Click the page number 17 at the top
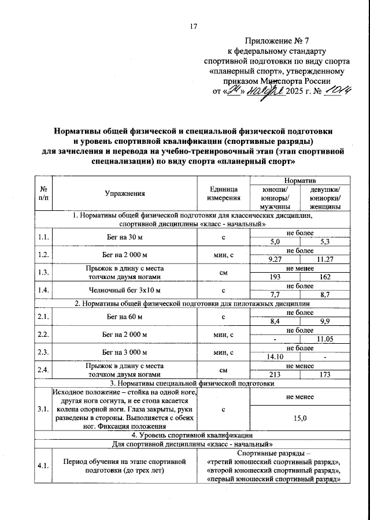[193, 25]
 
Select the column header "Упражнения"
[124, 194]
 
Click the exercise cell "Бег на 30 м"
[124, 237]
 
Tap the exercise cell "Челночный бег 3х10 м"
[124, 290]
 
